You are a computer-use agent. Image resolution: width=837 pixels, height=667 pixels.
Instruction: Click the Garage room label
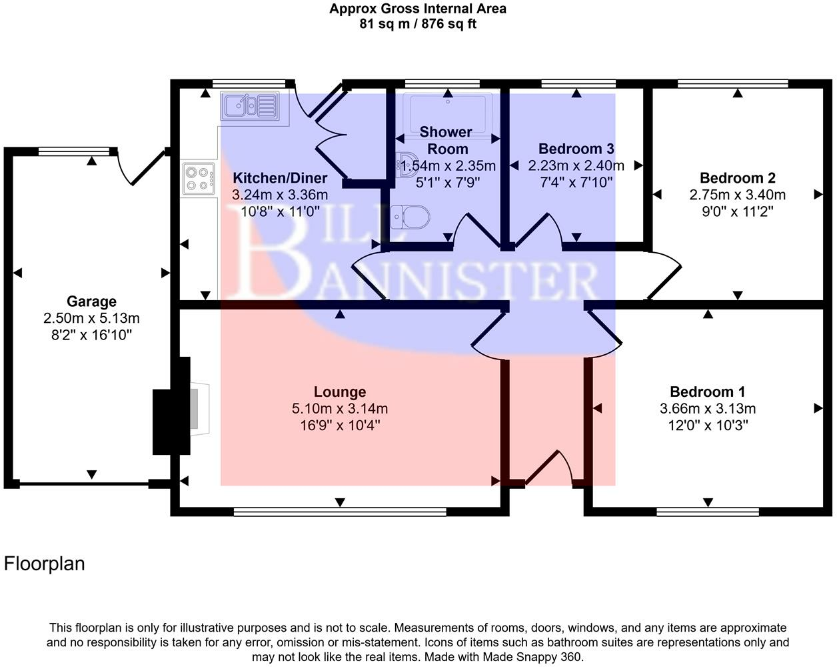click(91, 301)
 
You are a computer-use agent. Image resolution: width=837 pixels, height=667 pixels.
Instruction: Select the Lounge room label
click(340, 392)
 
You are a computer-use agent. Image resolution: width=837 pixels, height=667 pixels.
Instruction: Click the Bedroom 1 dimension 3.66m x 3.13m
click(708, 409)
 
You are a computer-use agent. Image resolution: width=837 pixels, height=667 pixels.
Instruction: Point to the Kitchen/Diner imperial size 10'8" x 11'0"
click(280, 211)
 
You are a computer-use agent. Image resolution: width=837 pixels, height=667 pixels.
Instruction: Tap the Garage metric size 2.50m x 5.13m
click(91, 318)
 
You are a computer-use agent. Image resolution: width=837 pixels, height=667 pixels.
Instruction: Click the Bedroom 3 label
click(576, 149)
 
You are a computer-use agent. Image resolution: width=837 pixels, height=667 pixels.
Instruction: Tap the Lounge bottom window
click(340, 512)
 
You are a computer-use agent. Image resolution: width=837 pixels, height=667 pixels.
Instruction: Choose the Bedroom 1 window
click(708, 512)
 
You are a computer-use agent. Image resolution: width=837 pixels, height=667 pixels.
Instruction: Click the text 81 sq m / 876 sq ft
click(418, 25)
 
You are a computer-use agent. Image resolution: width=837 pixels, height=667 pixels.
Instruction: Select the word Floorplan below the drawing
click(45, 564)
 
